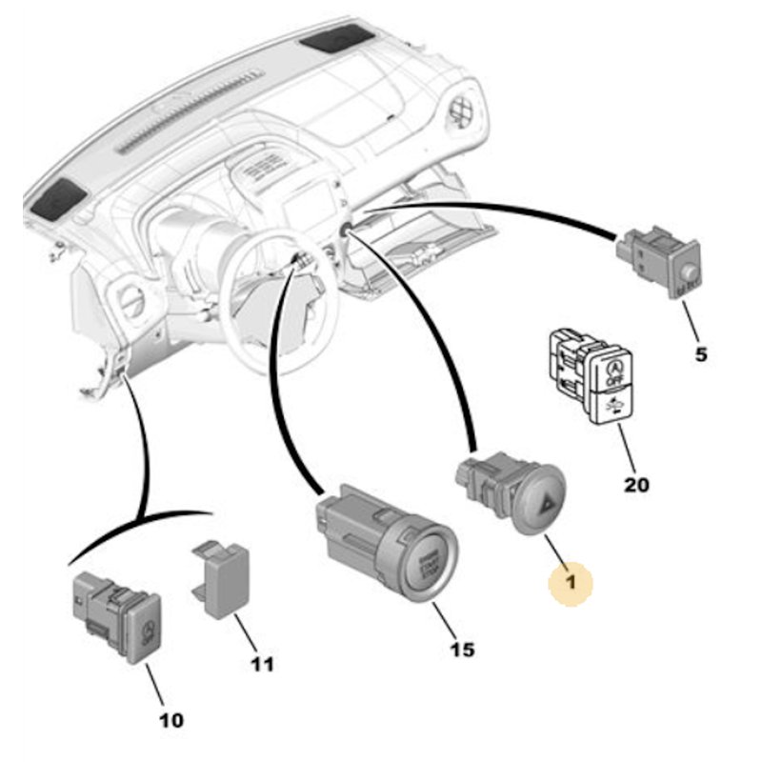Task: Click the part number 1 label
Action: (x=571, y=581)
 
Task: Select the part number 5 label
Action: (x=700, y=355)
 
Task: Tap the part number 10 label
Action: (x=172, y=720)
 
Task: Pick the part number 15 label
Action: (x=461, y=651)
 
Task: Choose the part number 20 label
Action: (x=636, y=485)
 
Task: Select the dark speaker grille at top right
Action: (x=335, y=39)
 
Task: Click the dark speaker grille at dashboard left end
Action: (x=56, y=196)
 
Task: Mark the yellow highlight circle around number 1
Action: (x=571, y=581)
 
